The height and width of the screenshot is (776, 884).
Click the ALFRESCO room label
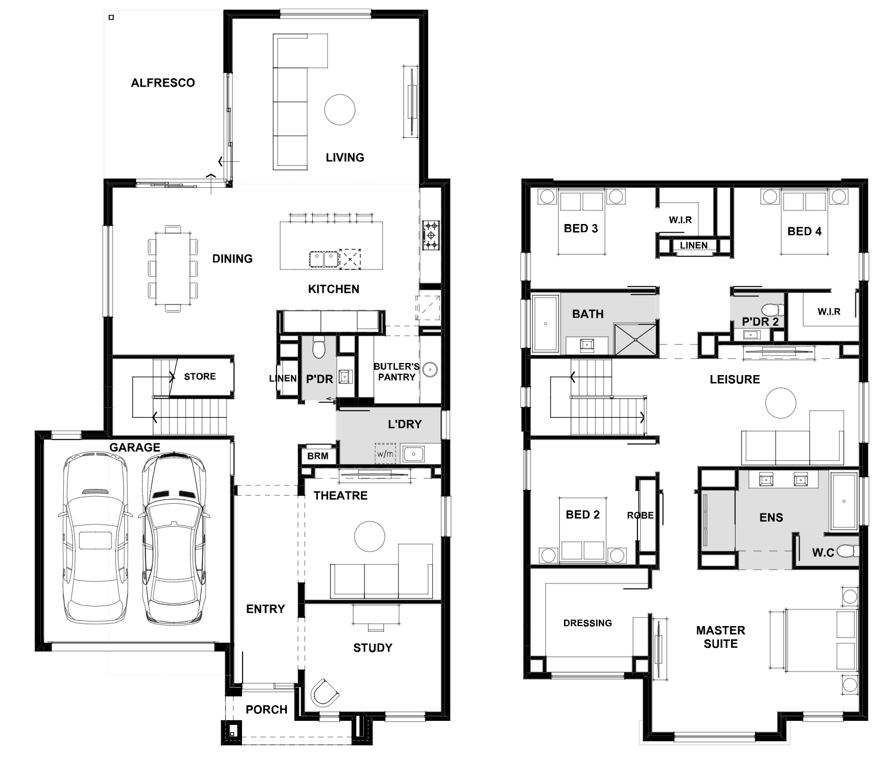163,83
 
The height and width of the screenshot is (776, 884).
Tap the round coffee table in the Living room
340,110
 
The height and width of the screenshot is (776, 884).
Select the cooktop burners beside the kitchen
431,235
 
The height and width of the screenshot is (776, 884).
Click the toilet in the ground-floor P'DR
319,346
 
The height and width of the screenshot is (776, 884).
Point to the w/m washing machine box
385,454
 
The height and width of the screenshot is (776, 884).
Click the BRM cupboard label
317,456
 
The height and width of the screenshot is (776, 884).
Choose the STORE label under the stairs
200,376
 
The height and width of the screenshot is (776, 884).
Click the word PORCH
266,710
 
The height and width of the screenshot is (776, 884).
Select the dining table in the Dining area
173,269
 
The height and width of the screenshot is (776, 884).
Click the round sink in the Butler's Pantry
430,370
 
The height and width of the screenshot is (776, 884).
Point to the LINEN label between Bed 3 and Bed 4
693,245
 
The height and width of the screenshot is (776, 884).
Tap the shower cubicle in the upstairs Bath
635,339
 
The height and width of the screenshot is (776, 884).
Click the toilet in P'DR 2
772,310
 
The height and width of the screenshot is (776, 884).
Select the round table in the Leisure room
781,403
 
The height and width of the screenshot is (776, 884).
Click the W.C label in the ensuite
823,553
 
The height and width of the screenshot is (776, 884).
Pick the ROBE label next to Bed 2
640,515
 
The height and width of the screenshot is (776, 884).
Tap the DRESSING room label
587,623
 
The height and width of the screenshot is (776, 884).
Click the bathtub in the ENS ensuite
844,501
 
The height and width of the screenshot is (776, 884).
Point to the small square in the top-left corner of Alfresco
112,17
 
